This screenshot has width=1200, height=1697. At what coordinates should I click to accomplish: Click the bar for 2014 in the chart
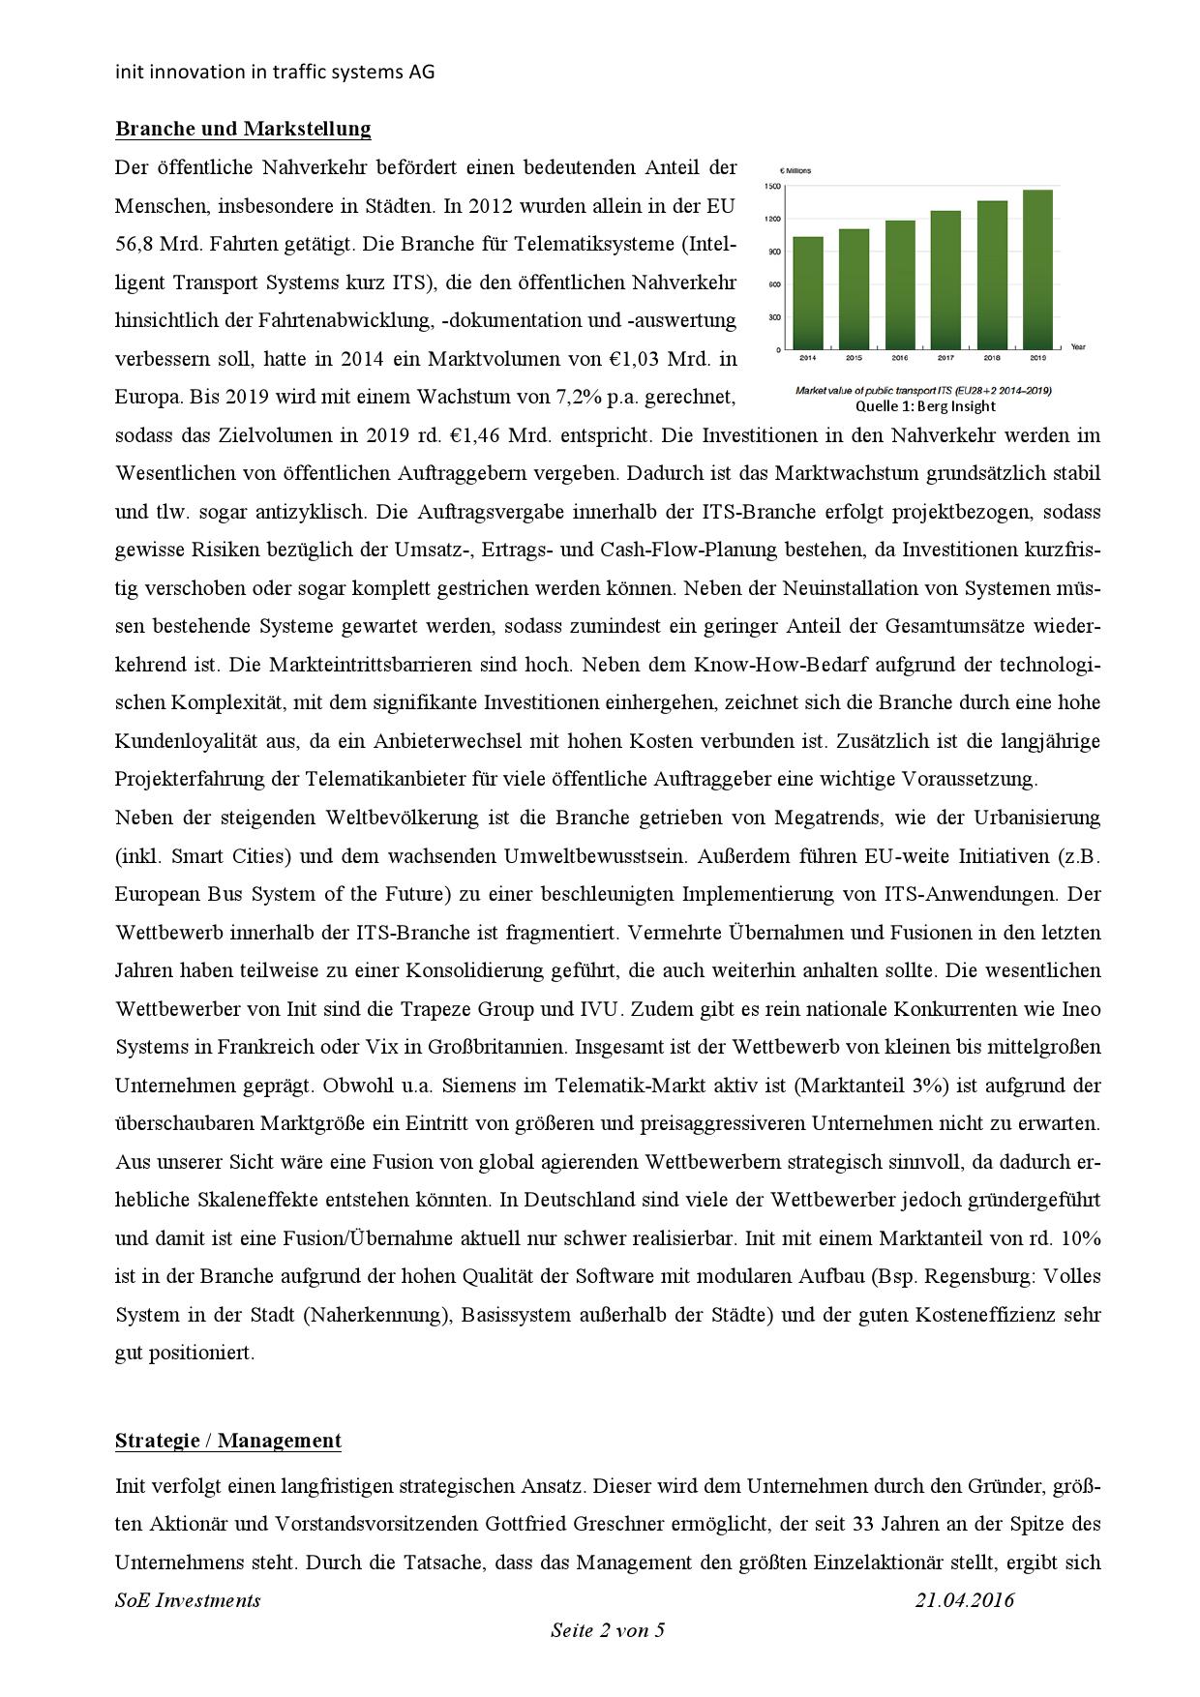tap(808, 292)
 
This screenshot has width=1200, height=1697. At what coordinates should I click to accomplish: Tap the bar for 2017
tap(945, 280)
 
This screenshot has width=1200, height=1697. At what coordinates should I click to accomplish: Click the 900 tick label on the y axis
tap(773, 252)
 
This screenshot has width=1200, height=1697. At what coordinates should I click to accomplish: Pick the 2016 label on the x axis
tap(899, 358)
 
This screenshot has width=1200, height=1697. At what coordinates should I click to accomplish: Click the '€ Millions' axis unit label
tap(795, 170)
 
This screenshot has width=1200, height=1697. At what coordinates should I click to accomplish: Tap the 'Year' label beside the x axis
tap(1078, 347)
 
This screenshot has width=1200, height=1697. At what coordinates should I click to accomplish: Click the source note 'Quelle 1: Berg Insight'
tap(925, 406)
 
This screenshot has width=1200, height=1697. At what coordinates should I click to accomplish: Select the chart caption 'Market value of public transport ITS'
tap(922, 391)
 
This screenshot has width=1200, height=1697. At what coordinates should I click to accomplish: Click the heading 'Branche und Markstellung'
tap(243, 129)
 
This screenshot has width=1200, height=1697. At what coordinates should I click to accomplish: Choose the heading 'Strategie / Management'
tap(227, 1441)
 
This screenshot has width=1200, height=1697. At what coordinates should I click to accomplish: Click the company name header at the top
tap(275, 72)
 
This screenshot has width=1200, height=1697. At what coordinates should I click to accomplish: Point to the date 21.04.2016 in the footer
tap(965, 1600)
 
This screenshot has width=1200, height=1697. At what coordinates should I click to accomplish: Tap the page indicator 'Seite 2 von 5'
tap(608, 1630)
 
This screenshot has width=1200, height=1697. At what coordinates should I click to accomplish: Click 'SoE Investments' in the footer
tap(188, 1600)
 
